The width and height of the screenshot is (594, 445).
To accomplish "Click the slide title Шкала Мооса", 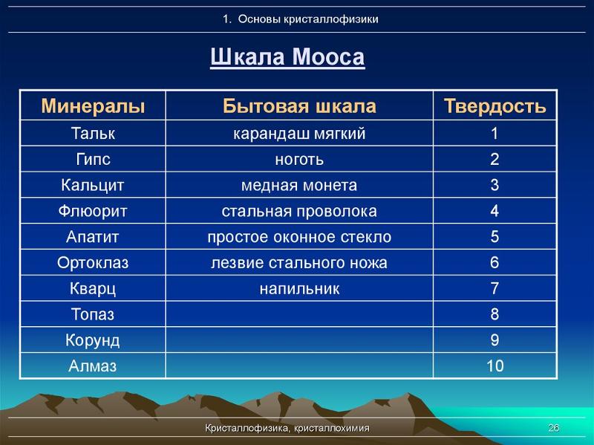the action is click(287, 57).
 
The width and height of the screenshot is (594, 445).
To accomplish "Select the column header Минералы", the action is click(93, 105).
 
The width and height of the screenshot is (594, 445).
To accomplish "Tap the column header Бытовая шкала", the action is click(299, 105).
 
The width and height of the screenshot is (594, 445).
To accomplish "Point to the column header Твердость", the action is click(495, 105).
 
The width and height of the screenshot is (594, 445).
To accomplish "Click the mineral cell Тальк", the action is click(93, 134).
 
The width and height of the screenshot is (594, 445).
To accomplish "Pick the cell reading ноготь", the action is click(299, 160).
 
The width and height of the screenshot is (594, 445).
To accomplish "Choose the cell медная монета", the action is click(299, 185).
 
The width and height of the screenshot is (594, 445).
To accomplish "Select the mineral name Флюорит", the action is click(93, 211).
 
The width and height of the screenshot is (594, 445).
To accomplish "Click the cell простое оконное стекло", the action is click(299, 237).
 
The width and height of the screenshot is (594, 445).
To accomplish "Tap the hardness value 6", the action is click(495, 263).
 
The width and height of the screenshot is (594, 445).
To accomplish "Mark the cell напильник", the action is click(299, 289).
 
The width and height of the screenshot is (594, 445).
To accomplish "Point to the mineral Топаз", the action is click(93, 314).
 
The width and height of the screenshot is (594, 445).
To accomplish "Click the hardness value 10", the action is click(495, 366).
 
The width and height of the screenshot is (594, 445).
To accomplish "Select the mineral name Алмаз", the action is click(93, 366).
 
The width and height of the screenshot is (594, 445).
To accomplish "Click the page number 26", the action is click(553, 428).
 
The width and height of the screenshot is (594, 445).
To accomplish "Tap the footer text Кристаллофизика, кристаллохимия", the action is click(287, 429).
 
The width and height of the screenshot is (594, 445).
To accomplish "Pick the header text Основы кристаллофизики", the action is click(308, 19).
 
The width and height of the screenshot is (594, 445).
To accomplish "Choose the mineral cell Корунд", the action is click(93, 340).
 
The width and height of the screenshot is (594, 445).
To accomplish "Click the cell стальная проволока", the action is click(299, 211).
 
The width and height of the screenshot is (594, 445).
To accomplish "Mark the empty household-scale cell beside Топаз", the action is click(299, 314).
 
